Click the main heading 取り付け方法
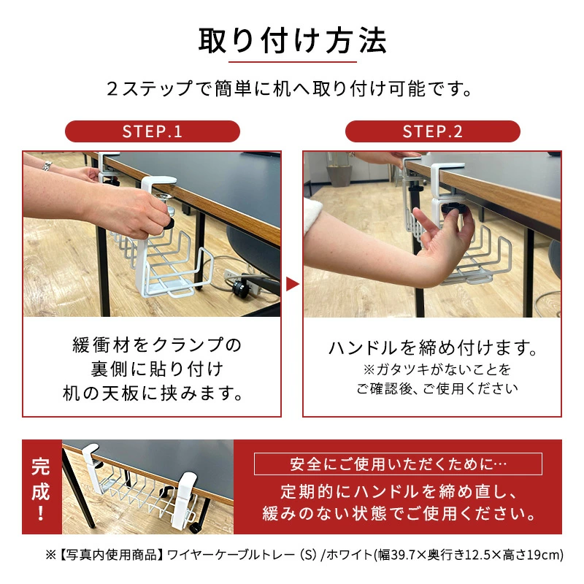click(293, 41)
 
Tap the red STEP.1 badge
click(153, 131)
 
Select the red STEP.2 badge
click(432, 131)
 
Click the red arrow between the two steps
click(293, 284)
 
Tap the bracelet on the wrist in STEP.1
click(47, 166)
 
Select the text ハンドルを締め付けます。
click(433, 347)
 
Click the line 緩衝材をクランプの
click(157, 345)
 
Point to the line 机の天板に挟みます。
click(153, 393)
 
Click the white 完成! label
click(41, 488)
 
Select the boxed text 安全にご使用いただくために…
click(398, 464)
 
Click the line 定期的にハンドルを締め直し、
click(399, 491)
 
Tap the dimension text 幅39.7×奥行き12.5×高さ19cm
click(469, 555)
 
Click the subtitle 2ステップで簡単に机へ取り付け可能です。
click(290, 88)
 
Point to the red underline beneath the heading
click(293, 62)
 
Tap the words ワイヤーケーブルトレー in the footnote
click(231, 555)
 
